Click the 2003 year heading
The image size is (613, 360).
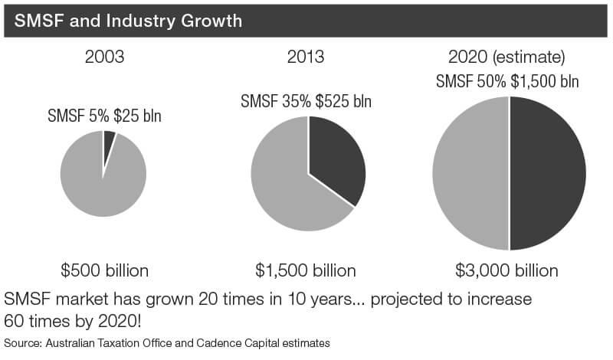tap(104, 57)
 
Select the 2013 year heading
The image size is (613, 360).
tap(306, 57)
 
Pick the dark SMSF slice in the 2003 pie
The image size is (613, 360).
tap(109, 139)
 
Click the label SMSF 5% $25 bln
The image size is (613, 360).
tap(105, 117)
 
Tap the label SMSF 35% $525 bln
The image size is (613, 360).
tap(306, 101)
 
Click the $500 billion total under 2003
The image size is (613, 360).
tap(104, 270)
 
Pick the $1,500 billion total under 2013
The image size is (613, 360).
tap(306, 270)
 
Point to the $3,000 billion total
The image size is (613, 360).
tap(506, 270)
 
